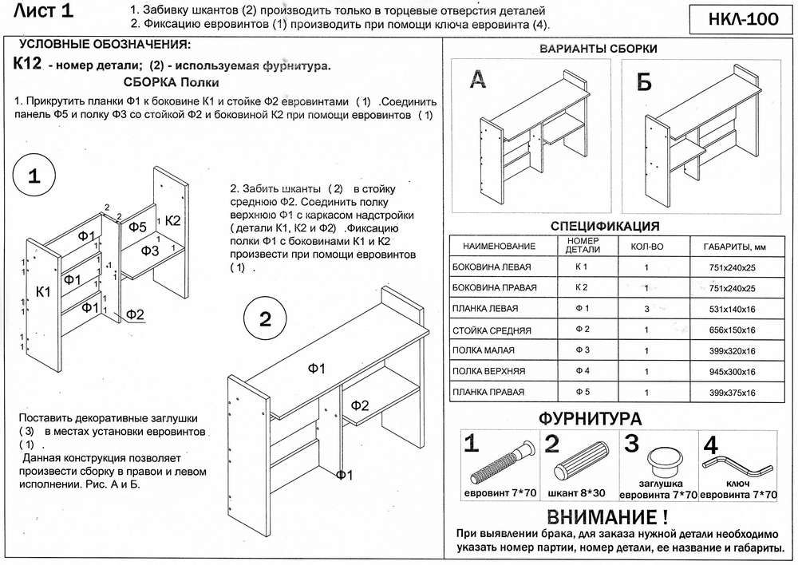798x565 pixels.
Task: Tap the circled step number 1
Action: tap(36, 178)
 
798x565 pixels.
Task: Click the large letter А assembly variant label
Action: tap(476, 79)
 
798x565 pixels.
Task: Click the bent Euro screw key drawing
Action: tap(738, 462)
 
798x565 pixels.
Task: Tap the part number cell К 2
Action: tap(582, 286)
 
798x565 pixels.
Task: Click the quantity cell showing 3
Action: tap(646, 308)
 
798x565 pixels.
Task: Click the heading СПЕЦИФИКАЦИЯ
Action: tap(605, 226)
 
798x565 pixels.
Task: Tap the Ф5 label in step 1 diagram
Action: tap(137, 227)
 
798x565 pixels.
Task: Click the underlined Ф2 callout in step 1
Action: tap(135, 314)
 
